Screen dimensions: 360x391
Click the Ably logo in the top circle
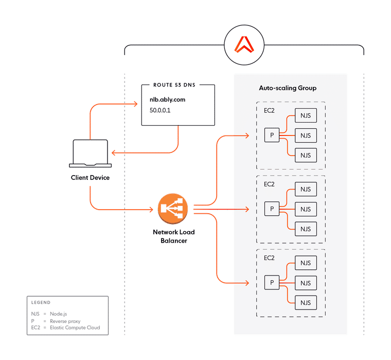click(x=244, y=46)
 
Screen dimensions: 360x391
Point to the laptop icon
click(x=91, y=154)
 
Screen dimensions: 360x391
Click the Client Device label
click(x=90, y=178)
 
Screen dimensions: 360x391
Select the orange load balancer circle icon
click(x=173, y=209)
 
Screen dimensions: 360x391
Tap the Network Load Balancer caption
click(x=173, y=236)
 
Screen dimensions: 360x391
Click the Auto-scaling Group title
click(x=287, y=88)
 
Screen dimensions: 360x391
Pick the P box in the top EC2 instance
click(x=272, y=135)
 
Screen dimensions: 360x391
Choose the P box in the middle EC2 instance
click(x=272, y=209)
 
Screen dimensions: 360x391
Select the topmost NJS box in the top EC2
click(x=306, y=116)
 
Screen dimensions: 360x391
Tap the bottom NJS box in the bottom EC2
click(x=306, y=302)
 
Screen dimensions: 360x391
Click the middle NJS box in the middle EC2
click(x=306, y=209)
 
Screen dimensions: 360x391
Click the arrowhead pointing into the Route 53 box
click(x=136, y=105)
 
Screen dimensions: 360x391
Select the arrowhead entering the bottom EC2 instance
click(x=247, y=282)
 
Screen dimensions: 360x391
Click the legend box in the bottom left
click(x=67, y=315)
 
